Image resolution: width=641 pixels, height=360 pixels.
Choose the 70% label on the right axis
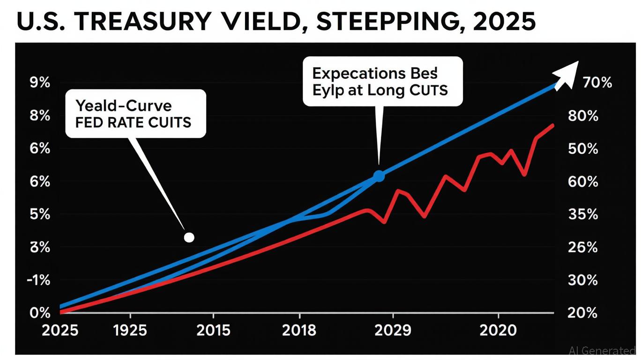click(x=596, y=83)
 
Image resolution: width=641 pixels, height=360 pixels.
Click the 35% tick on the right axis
click(x=582, y=215)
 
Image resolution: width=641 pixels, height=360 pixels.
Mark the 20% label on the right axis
click(x=582, y=313)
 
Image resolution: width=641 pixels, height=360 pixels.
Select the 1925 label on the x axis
click(x=130, y=330)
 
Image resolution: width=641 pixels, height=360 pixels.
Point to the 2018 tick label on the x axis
click(x=299, y=330)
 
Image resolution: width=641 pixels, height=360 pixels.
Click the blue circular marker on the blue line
click(x=379, y=176)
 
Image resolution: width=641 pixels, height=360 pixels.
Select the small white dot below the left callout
click(x=189, y=238)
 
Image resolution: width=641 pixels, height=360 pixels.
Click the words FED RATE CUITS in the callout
click(x=134, y=123)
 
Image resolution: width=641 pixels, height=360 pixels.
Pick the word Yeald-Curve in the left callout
click(x=123, y=106)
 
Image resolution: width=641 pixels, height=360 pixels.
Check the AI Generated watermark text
click(x=602, y=351)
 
